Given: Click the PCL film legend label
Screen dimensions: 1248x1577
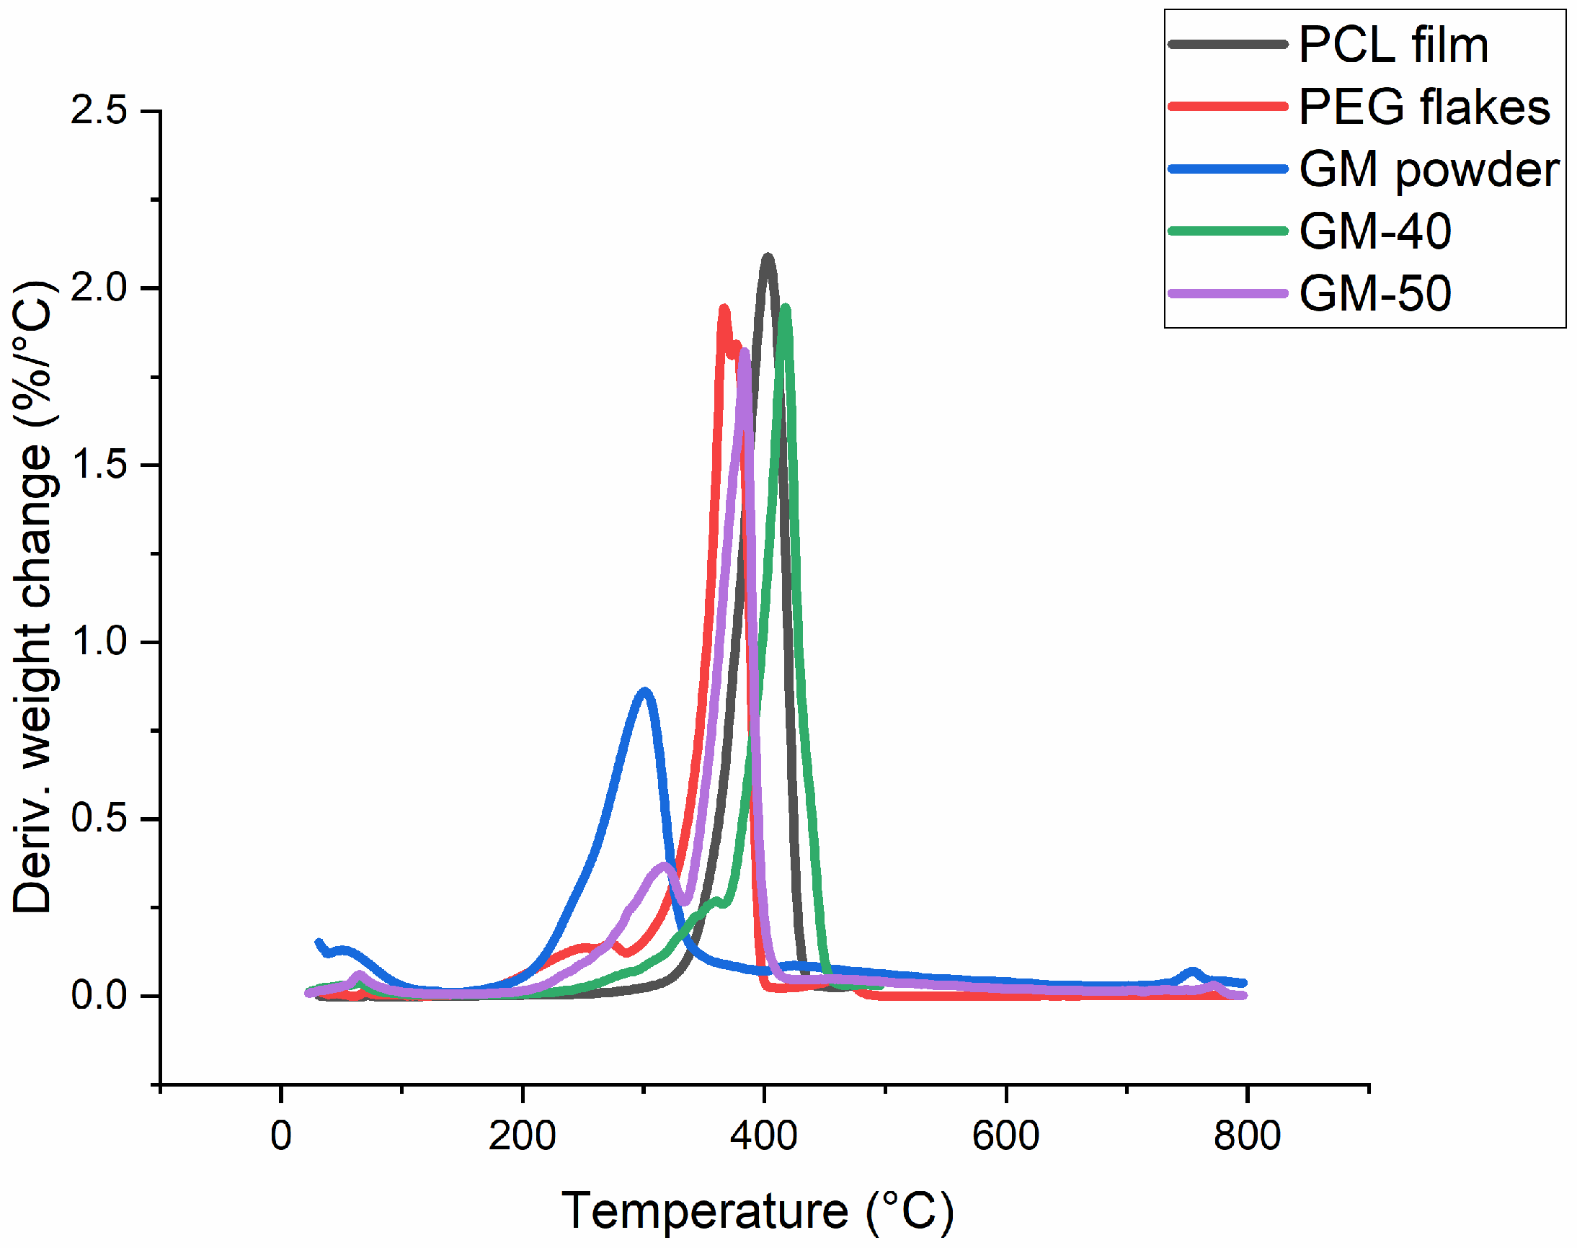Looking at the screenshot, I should point(1392,45).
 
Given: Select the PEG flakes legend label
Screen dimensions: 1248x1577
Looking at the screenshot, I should point(1423,107).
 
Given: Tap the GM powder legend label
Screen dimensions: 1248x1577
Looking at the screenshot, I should point(1429,169).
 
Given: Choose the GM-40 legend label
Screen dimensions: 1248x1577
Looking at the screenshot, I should point(1374,231).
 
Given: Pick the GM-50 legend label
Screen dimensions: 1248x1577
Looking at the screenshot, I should point(1374,294).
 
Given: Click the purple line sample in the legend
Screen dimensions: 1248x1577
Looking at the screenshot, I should point(1227,294).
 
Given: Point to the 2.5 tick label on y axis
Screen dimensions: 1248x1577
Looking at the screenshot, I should point(99,111).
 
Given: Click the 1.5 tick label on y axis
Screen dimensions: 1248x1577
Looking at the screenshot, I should point(99,465).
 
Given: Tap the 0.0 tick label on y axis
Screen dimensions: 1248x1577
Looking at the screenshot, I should point(99,995).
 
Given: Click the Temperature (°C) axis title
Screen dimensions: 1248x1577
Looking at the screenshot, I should point(757,1211).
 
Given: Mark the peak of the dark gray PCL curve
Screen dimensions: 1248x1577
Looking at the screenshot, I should point(767,257).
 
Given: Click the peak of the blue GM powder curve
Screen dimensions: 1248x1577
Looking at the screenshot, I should point(644,690).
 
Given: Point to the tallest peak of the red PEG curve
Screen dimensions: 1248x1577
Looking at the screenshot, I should point(724,309).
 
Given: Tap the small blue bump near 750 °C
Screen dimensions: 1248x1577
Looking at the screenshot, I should point(1192,972).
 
